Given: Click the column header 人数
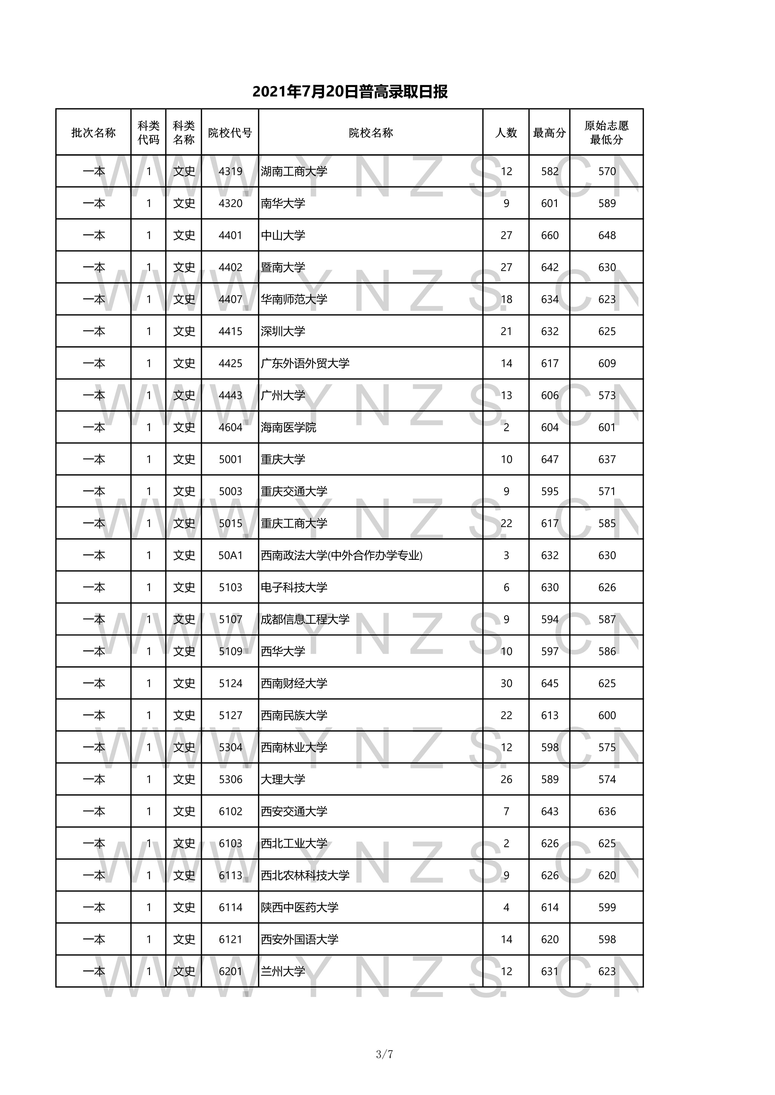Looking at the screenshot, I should (506, 133).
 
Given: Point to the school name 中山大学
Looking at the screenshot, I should (283, 235).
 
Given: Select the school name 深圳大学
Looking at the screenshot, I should (283, 331).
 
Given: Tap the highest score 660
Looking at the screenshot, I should (549, 235).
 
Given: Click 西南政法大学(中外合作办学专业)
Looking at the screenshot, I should (342, 555).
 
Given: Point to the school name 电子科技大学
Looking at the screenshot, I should (294, 587).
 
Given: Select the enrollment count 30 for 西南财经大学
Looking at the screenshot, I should (506, 683).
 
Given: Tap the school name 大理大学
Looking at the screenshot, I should (283, 779).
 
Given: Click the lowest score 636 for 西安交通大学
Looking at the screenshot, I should (607, 811).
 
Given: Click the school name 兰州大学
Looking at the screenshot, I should (283, 971).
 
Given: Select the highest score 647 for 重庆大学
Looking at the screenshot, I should (549, 459).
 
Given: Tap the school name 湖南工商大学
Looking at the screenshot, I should (294, 171).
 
